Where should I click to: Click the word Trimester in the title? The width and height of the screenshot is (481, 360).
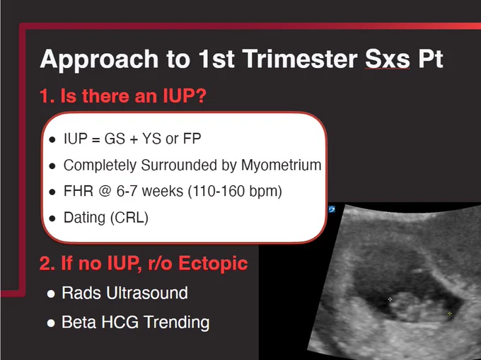tap(300, 58)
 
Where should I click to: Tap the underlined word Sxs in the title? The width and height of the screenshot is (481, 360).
tap(388, 58)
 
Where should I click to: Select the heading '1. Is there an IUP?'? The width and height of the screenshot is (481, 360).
tap(123, 95)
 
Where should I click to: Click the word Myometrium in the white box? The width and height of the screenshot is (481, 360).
tap(282, 165)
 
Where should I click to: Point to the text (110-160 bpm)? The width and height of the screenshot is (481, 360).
tap(235, 192)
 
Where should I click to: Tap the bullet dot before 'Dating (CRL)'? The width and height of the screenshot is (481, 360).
tap(52, 219)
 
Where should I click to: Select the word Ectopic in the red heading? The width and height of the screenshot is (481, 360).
tap(213, 263)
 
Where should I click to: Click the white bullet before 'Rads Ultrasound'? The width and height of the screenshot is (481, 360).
tap(51, 294)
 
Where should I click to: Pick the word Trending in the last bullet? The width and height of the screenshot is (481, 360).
tap(177, 323)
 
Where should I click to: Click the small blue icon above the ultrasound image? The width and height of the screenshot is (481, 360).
tap(332, 209)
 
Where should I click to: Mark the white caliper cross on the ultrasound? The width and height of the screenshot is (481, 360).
tap(390, 299)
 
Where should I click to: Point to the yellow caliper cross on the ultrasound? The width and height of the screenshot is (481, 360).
tap(449, 313)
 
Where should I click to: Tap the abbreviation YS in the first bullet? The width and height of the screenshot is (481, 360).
tap(152, 139)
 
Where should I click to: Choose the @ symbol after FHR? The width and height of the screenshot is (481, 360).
tap(105, 192)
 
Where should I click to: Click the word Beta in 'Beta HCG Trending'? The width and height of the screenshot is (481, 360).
tap(79, 322)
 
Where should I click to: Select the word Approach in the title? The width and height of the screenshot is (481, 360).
tap(99, 59)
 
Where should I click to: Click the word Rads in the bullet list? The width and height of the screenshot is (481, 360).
tap(81, 293)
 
